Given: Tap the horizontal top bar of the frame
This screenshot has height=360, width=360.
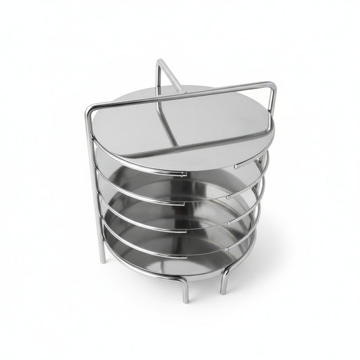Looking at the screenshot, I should click(182, 94).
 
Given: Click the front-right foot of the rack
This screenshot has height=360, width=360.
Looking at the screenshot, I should click(223, 290).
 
